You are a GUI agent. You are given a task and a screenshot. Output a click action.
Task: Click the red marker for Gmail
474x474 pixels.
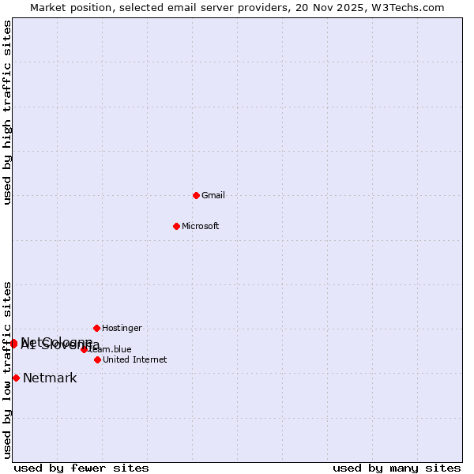click(196, 195)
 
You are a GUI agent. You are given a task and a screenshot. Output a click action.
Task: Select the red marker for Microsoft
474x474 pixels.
click(176, 226)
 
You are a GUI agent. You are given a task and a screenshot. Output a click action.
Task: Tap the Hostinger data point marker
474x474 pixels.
click(96, 328)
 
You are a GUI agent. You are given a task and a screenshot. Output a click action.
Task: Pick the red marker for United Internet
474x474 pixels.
click(97, 359)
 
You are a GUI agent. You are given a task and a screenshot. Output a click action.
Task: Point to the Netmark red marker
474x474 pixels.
click(16, 378)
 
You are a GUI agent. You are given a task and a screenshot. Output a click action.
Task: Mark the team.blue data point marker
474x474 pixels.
click(84, 349)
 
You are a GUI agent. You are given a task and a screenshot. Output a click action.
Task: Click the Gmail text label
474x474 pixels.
click(213, 195)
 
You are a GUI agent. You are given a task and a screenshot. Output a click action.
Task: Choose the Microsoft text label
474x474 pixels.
click(201, 226)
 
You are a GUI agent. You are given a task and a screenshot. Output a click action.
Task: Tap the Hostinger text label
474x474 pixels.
click(122, 328)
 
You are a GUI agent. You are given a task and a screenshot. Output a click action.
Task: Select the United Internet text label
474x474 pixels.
click(135, 359)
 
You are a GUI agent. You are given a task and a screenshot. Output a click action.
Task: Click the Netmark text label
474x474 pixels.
click(50, 378)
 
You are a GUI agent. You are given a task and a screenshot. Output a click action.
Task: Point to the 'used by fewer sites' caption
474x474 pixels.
click(81, 468)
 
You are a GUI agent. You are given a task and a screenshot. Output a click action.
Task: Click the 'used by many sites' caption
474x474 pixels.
click(397, 468)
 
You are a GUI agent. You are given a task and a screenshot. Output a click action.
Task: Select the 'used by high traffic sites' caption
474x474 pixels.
click(7, 112)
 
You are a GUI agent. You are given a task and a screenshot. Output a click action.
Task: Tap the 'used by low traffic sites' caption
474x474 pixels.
click(7, 370)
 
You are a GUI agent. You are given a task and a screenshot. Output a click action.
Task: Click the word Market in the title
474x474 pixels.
click(47, 7)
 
